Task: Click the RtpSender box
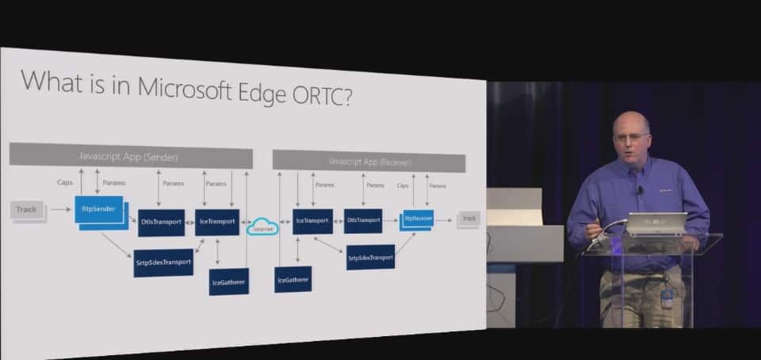[x=99, y=209]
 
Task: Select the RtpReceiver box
[x=418, y=218]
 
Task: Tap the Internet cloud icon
[x=263, y=227]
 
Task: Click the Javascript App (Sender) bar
[x=131, y=156]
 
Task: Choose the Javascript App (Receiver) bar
[x=369, y=162]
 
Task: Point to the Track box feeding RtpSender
[x=26, y=210]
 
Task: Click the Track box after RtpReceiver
[x=469, y=218]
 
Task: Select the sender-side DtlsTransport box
[x=161, y=223]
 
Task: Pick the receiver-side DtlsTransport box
[x=363, y=220]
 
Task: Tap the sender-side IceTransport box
[x=216, y=222]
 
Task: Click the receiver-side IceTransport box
[x=312, y=220]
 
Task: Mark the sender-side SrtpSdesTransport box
[x=163, y=262]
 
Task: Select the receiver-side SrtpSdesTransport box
[x=370, y=257]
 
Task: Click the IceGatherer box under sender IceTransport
[x=229, y=281]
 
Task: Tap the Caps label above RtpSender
[x=65, y=182]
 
